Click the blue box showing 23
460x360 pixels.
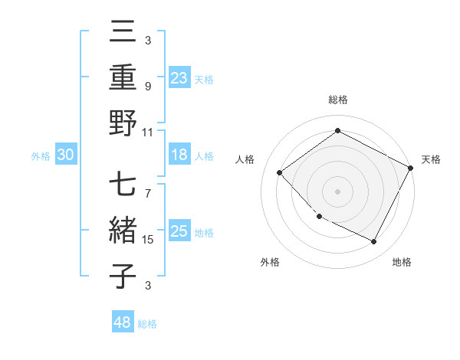click(179, 77)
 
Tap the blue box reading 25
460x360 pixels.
click(179, 231)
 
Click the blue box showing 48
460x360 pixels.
click(123, 322)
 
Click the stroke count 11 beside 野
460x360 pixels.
click(148, 132)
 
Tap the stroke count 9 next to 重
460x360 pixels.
click(148, 86)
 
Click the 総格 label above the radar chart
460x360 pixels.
click(338, 100)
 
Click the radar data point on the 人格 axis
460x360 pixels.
click(280, 172)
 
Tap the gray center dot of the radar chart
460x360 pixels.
click(337, 191)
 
